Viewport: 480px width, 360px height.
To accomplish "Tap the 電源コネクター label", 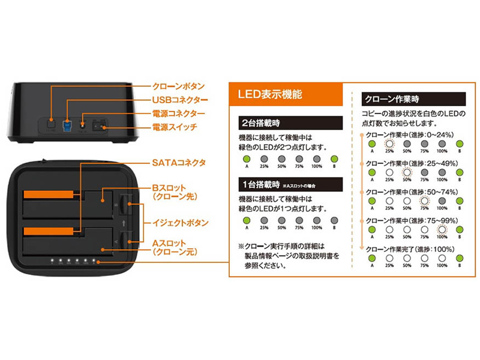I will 178,113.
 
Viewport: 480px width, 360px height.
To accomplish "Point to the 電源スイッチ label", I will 175,127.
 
